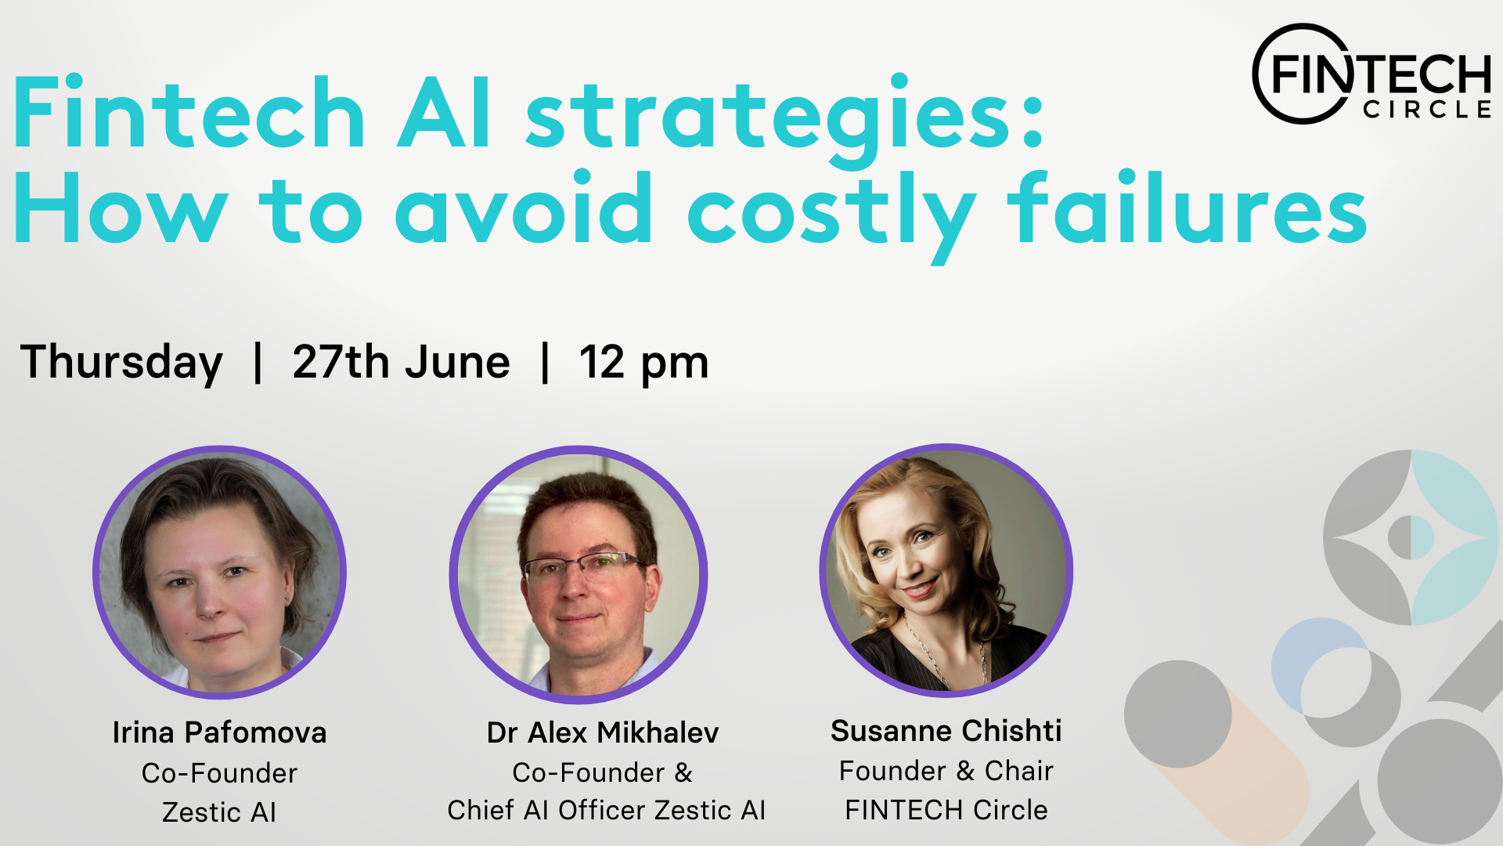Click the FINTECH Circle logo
1372,74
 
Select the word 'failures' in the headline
1188,205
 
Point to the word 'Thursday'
121,363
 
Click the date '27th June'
401,363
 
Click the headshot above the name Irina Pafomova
220,572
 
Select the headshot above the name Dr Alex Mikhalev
578,574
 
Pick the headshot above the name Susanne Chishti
946,570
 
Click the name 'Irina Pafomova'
219,732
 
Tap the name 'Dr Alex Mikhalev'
603,732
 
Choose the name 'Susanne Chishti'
946,731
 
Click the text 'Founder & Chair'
946,771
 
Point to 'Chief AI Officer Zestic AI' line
606,810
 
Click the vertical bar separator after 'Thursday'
258,363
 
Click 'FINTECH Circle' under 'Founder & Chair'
946,810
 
